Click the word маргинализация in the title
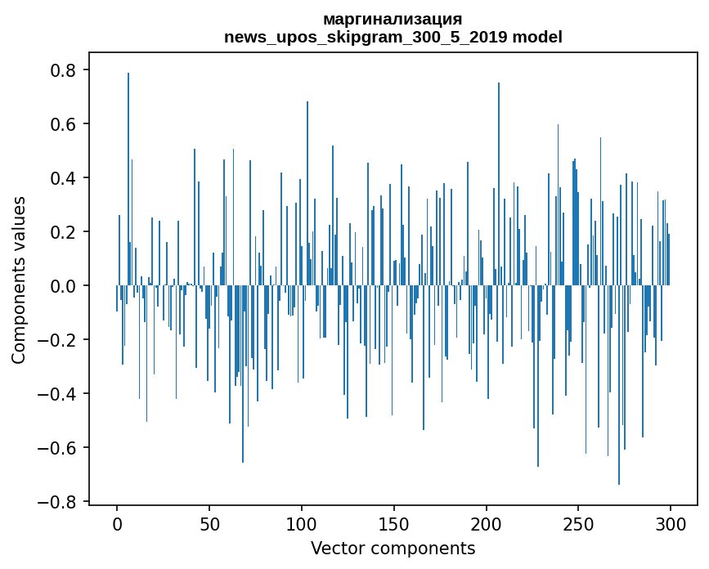tap(393, 19)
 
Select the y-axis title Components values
tap(19, 280)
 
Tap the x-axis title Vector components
tap(393, 548)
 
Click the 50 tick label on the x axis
tap(209, 523)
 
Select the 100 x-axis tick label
tap(302, 523)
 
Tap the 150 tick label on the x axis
tap(394, 523)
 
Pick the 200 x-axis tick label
tap(487, 523)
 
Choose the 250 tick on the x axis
tap(578, 523)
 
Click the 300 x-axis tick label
tap(671, 523)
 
